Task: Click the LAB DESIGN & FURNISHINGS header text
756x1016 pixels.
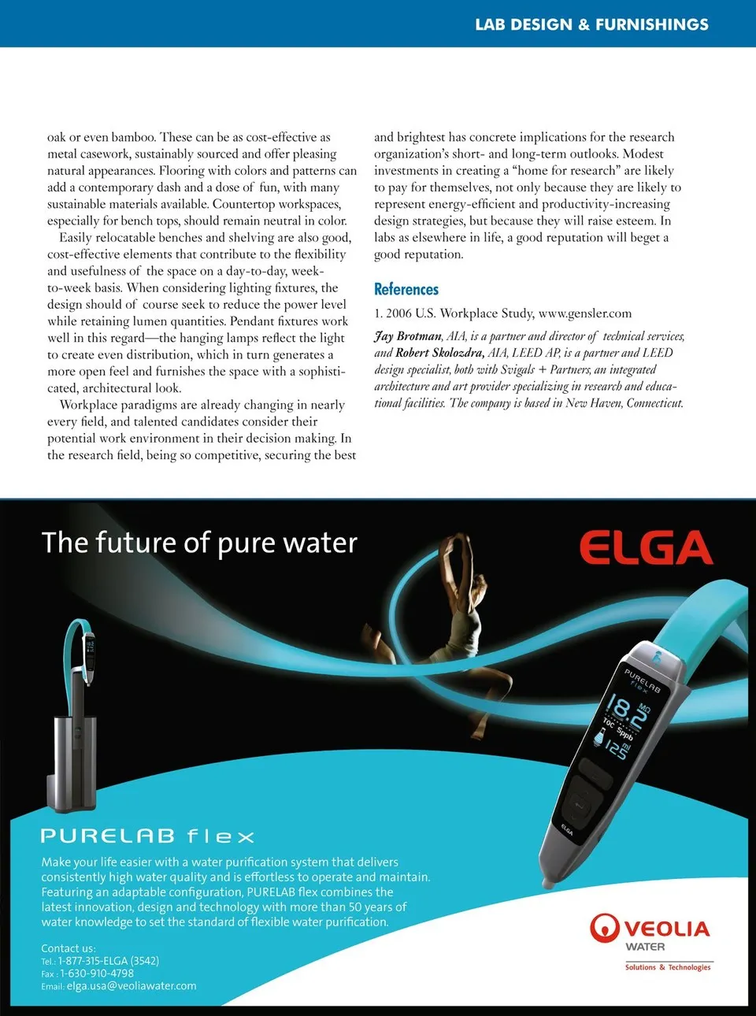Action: [591, 24]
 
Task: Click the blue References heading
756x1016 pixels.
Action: [406, 289]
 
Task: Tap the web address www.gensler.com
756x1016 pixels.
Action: [585, 313]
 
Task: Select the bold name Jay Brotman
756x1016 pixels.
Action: [408, 336]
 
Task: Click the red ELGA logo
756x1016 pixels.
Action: [646, 548]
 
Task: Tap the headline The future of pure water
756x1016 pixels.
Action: [199, 543]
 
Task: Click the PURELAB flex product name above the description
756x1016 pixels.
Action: [148, 836]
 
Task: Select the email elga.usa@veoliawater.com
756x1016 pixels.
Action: [132, 986]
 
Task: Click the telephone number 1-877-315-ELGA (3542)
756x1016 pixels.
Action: [109, 961]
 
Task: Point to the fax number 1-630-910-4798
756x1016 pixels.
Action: [97, 973]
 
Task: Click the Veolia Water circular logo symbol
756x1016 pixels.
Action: [604, 928]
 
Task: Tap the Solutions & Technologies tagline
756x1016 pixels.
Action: [668, 967]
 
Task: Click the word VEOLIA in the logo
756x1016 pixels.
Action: [667, 929]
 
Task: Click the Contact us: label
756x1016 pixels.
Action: [69, 948]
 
